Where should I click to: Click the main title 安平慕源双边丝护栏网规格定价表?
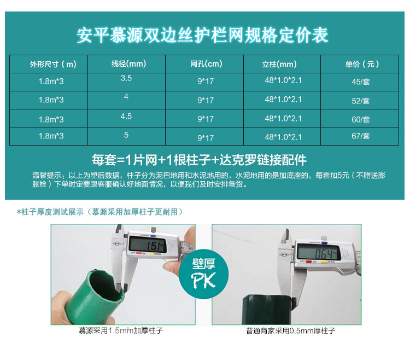[202, 35]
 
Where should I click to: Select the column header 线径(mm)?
[128, 63]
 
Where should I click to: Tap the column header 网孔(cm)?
[206, 63]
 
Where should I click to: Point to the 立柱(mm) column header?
[279, 64]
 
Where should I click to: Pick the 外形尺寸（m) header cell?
[53, 64]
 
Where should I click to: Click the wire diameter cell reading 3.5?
[126, 78]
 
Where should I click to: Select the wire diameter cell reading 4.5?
[126, 116]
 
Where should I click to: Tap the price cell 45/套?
[361, 82]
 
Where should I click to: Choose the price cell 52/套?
[361, 101]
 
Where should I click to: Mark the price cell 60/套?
[361, 120]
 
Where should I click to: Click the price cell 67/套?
[361, 136]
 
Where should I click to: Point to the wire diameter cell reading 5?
[126, 135]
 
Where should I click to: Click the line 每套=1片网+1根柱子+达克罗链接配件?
[199, 160]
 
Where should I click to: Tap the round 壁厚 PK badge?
[204, 274]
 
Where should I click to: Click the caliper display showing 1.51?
[148, 246]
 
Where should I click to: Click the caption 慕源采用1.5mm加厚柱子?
[121, 330]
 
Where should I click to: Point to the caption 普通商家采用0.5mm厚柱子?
[290, 331]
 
